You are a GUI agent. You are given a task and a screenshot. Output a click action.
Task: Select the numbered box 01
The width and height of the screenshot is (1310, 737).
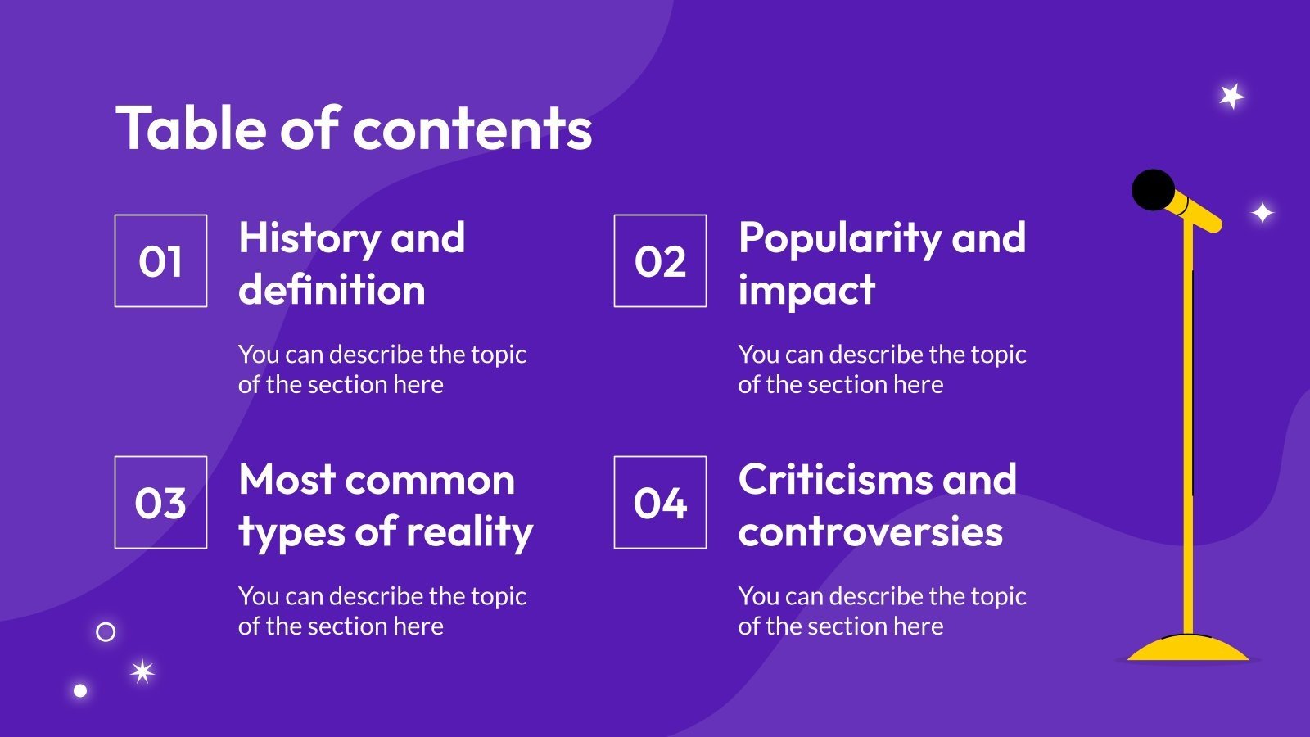pyautogui.click(x=160, y=261)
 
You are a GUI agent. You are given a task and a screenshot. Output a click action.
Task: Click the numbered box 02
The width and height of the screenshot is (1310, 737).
pyautogui.click(x=660, y=261)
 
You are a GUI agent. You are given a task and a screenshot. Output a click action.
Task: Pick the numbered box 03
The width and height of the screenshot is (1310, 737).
pyautogui.click(x=160, y=502)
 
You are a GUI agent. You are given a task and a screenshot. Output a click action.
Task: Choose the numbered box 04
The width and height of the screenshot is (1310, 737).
pyautogui.click(x=660, y=502)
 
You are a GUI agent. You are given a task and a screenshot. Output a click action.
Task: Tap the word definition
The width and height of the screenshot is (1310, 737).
pyautogui.click(x=332, y=291)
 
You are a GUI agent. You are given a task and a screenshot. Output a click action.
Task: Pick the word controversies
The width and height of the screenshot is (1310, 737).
pyautogui.click(x=870, y=532)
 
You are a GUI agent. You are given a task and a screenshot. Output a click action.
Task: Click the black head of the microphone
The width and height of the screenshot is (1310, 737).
pyautogui.click(x=1153, y=190)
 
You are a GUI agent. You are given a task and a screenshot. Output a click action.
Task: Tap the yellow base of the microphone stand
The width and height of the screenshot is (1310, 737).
pyautogui.click(x=1187, y=649)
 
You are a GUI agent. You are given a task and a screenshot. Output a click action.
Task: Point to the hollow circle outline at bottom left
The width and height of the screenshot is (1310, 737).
pyautogui.click(x=106, y=632)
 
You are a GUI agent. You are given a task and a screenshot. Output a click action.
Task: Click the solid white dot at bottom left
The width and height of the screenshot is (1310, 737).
pyautogui.click(x=80, y=690)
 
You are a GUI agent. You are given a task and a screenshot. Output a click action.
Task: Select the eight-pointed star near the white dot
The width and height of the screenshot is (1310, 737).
pyautogui.click(x=142, y=672)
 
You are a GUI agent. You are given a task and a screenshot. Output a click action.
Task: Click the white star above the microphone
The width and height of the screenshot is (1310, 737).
pyautogui.click(x=1231, y=97)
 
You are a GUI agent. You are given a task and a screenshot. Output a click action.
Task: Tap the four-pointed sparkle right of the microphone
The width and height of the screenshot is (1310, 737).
pyautogui.click(x=1263, y=213)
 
